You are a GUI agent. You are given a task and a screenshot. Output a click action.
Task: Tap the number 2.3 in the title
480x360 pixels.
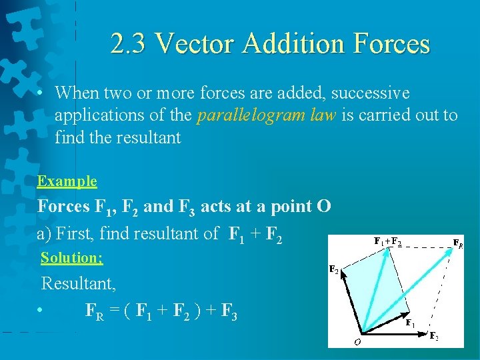(127, 44)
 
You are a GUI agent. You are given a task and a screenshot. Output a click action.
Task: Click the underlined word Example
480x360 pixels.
(67, 181)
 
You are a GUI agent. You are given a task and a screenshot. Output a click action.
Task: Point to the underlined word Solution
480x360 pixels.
(71, 257)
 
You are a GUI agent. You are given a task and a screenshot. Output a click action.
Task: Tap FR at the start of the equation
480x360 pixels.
(95, 312)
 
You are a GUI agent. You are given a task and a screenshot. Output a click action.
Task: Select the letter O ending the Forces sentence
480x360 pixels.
(323, 206)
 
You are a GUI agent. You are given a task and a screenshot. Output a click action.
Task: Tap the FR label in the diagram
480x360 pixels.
(459, 243)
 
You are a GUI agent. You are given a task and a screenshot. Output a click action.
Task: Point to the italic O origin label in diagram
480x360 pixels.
(357, 342)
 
